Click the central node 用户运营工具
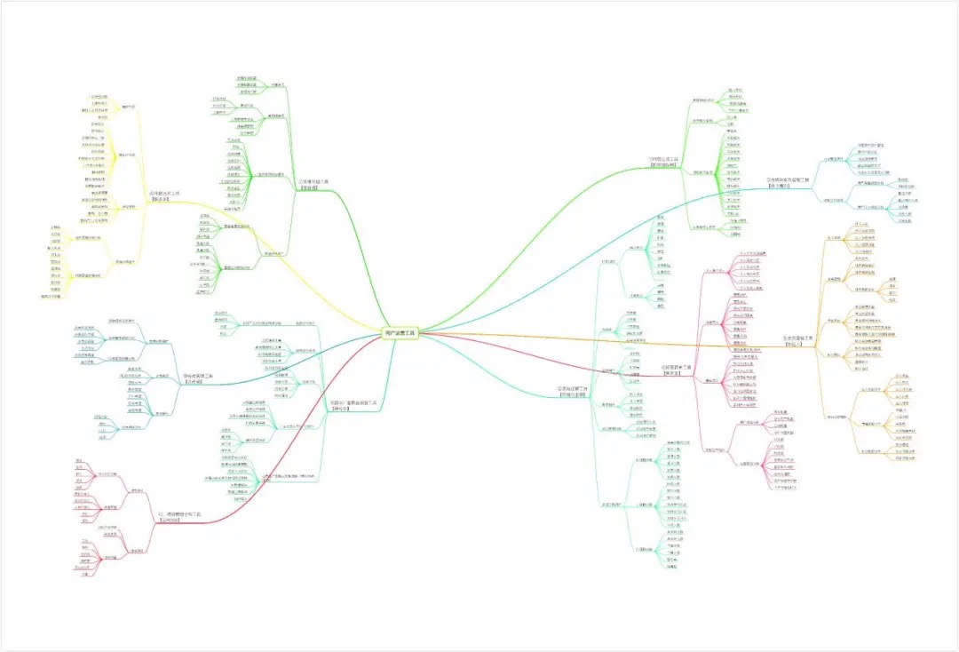click(x=400, y=332)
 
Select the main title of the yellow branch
click(x=164, y=195)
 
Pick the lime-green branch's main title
click(x=662, y=162)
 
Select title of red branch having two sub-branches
click(x=181, y=516)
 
